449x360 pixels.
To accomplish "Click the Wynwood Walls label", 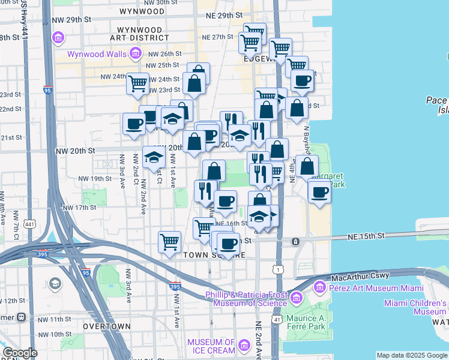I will click(96, 54).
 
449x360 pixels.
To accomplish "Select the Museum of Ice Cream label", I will click(210, 346).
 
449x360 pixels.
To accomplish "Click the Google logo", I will click(20, 353).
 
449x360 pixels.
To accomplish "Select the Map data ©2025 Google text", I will click(411, 355).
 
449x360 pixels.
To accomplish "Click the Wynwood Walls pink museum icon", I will click(136, 55).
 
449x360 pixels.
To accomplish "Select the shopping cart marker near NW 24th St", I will click(138, 83).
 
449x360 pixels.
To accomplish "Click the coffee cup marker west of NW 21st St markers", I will click(134, 124).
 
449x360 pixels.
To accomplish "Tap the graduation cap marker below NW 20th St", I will click(154, 158).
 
